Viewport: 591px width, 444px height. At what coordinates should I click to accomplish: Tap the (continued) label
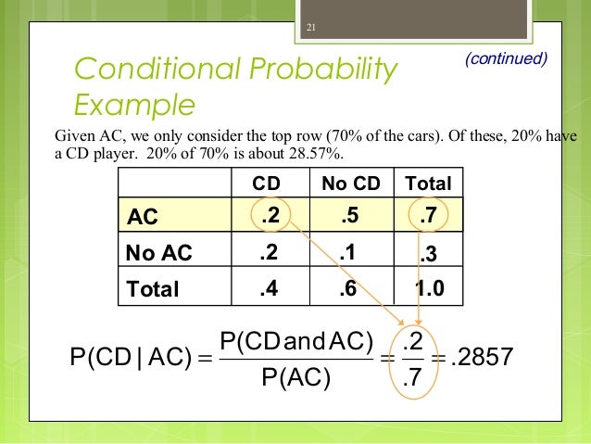507,58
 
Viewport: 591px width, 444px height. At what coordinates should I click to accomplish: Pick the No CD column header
350,184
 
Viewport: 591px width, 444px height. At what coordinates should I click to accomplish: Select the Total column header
427,184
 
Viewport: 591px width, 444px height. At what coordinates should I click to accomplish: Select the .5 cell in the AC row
350,217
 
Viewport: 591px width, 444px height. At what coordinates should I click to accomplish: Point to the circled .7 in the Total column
427,217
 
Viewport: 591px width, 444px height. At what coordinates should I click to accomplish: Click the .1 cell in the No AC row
350,251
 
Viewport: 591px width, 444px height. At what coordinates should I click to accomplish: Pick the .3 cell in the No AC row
427,253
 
